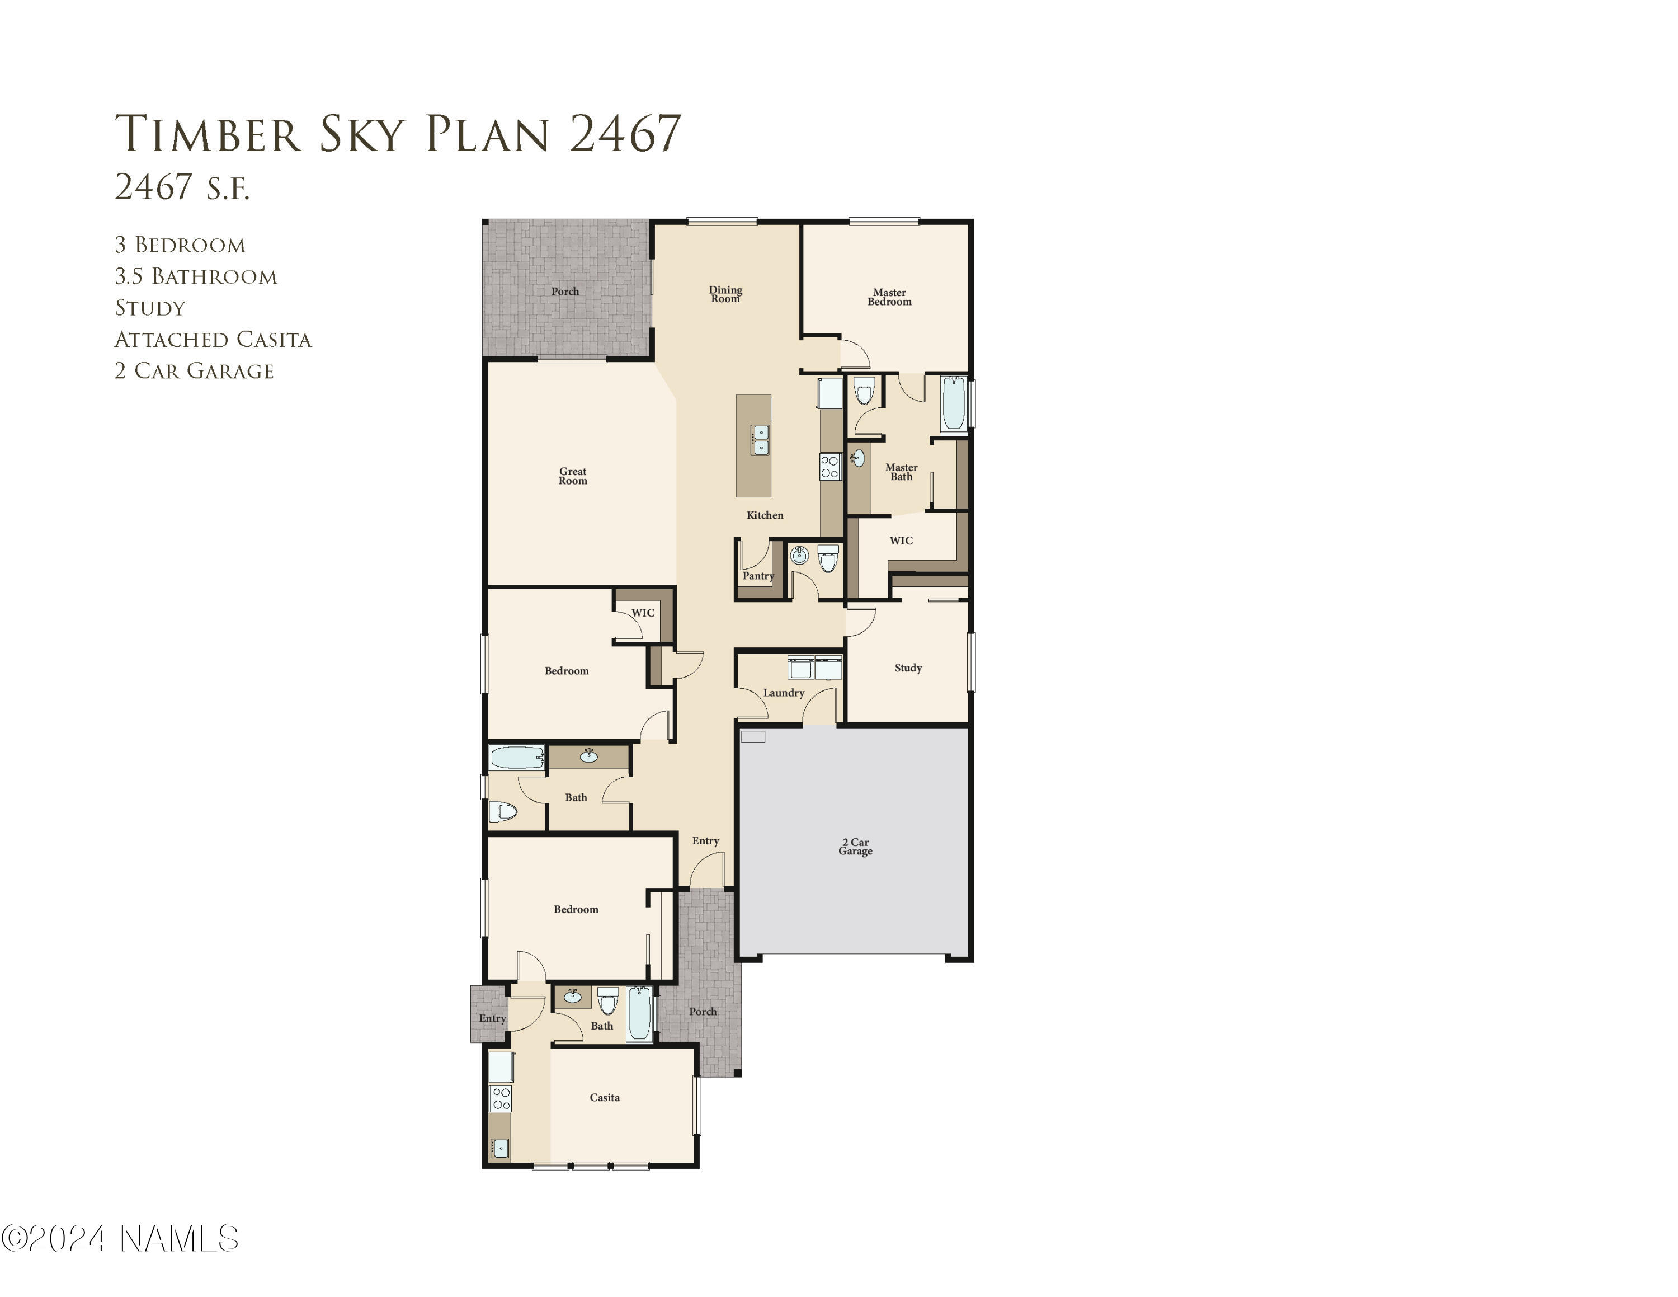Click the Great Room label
572,476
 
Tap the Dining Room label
725,294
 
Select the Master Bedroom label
889,297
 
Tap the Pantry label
757,576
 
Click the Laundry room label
783,692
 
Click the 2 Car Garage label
855,847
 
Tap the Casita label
605,1097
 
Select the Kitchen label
765,515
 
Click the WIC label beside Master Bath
901,540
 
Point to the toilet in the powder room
827,558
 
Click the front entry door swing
707,871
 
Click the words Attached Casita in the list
213,340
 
